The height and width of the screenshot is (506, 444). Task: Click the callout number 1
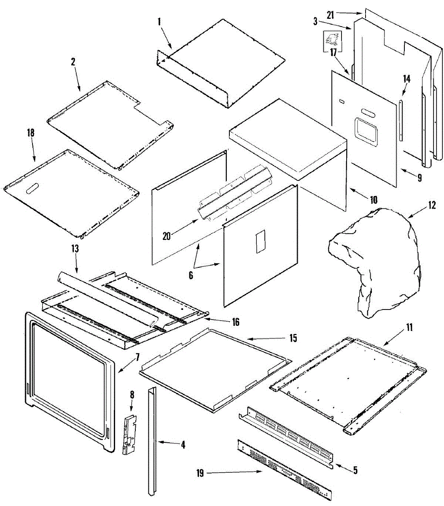tap(159, 22)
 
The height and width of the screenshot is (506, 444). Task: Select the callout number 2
tap(73, 62)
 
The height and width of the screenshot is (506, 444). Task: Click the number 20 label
tap(167, 236)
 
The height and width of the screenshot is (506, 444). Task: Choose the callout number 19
tap(200, 473)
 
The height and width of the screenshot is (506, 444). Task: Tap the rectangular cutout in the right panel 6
tap(260, 242)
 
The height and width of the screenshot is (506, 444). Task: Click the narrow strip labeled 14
tap(401, 120)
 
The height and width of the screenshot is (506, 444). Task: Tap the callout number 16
tap(235, 323)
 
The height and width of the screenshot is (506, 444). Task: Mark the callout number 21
tap(330, 15)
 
